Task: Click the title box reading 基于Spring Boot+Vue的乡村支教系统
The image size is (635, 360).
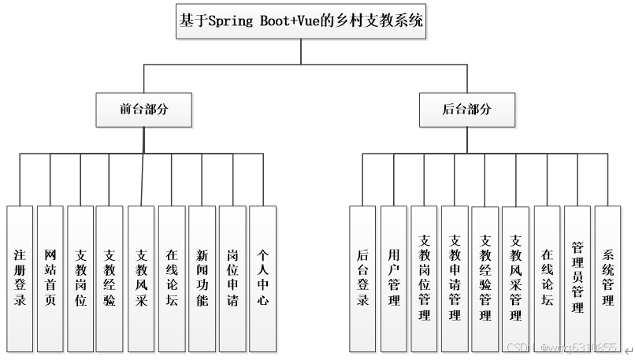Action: pos(302,22)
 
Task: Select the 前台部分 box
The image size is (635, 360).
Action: pos(143,109)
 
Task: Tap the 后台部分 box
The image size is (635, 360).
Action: pos(467,109)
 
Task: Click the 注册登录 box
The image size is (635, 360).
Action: pos(20,278)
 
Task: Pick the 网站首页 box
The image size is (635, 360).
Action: pos(50,278)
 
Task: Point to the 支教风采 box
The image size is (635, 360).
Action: pos(141,278)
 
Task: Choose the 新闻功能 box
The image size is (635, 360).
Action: pos(202,278)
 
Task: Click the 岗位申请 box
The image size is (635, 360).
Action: pos(232,278)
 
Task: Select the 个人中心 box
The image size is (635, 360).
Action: pos(263,278)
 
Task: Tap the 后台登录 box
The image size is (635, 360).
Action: pos(363,278)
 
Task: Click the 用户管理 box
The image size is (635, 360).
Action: pos(394,278)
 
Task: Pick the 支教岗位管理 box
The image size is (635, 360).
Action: pos(425,278)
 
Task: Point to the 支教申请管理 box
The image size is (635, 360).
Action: pos(455,278)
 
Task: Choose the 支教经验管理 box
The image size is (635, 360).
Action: pos(485,278)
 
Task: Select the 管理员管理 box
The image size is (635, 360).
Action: pos(577,278)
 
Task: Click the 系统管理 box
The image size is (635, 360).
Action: pos(607,278)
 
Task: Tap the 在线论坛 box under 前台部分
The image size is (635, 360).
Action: pos(172,278)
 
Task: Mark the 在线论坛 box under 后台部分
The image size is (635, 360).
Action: pos(547,278)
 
